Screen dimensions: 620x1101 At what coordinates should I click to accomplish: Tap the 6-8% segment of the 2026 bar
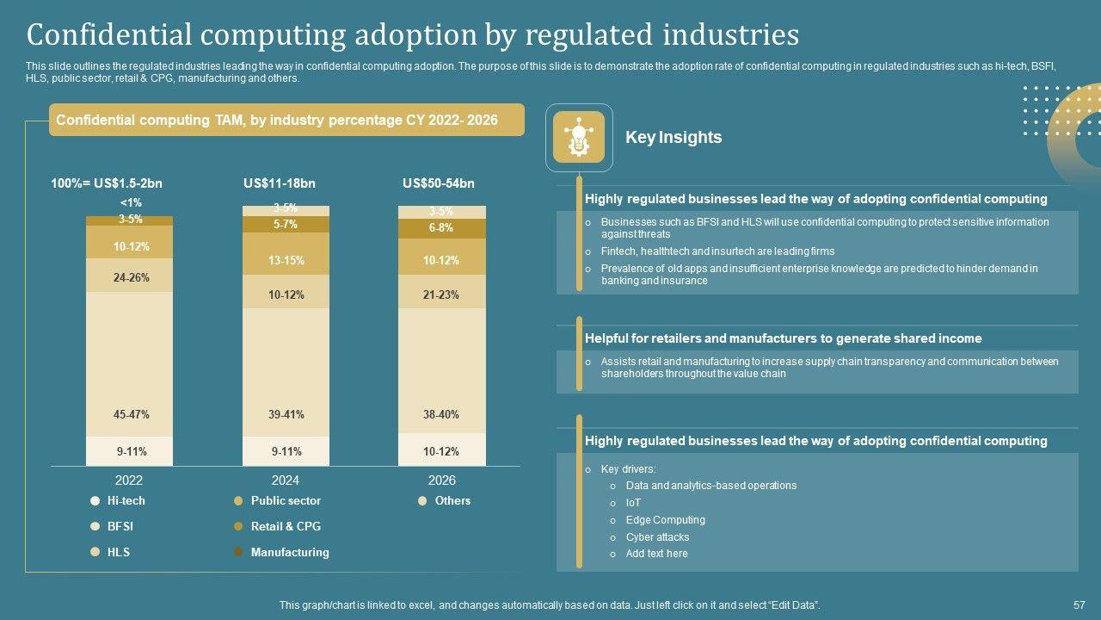click(x=441, y=228)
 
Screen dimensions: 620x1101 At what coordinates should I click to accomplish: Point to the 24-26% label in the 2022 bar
click(x=131, y=277)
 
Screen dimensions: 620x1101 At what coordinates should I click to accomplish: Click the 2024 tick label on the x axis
click(x=286, y=480)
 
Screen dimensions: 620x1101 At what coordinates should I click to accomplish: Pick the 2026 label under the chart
click(x=441, y=480)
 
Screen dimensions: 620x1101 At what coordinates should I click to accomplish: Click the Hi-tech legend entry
click(x=126, y=500)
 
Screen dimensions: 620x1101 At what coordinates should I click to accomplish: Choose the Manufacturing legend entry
click(x=289, y=552)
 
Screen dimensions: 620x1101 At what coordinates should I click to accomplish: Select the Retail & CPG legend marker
click(x=238, y=526)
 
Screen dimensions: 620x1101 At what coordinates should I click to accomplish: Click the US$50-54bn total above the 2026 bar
click(x=438, y=183)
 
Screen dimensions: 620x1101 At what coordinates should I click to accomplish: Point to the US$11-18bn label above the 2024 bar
click(x=280, y=183)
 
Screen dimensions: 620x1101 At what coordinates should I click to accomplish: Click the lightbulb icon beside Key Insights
click(x=579, y=137)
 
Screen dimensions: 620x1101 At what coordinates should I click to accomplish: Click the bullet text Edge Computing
click(x=665, y=520)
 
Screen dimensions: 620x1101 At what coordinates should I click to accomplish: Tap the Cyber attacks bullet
click(x=657, y=537)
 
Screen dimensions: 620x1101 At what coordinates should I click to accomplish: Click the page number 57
click(x=1079, y=605)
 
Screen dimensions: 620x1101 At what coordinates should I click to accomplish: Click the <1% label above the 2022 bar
click(x=131, y=203)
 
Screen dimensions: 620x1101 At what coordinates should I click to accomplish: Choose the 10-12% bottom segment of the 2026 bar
click(x=441, y=449)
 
